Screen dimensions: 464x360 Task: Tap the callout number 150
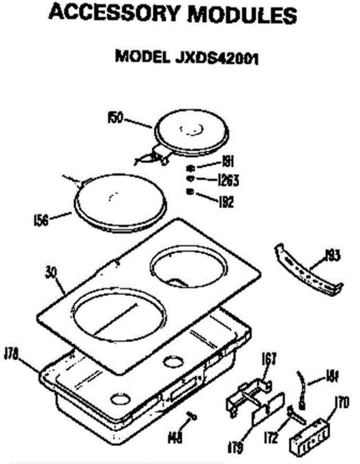tap(115, 118)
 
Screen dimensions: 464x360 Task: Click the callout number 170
tap(341, 404)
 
